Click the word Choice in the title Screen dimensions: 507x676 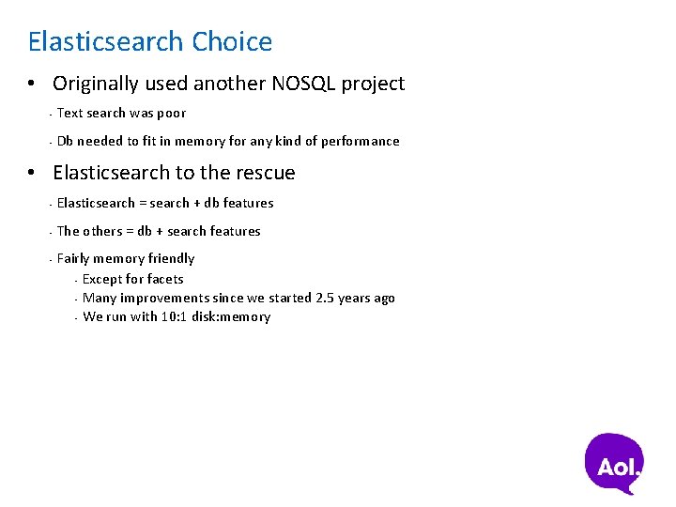pos(232,42)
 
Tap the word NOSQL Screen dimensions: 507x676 pos(303,84)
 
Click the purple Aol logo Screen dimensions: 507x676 pos(616,463)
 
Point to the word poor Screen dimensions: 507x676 pos(171,113)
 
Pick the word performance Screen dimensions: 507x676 pos(361,141)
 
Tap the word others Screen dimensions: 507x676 pos(103,231)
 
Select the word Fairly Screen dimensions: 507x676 pos(73,258)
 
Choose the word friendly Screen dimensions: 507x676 pos(171,258)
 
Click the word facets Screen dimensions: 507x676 pos(166,279)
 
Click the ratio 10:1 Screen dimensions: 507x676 pos(175,316)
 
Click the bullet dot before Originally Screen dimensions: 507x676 pos(32,84)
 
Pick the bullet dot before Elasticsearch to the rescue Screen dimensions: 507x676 pos(32,174)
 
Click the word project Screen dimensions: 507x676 pos(373,84)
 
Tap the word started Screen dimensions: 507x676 pos(290,298)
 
